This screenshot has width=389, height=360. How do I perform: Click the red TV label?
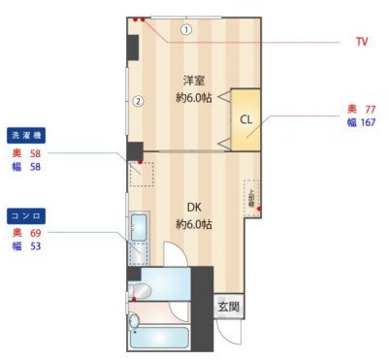pos(361,42)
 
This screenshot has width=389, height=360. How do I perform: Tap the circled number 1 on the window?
pos(185,29)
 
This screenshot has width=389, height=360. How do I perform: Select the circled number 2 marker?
pos(139,100)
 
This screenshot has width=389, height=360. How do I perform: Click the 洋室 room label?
pos(194,81)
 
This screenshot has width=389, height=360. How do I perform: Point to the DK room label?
pos(193,207)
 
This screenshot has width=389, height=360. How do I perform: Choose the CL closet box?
pos(245,120)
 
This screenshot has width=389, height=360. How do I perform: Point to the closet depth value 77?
pos(369,109)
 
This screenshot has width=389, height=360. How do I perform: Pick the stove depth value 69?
pos(37,233)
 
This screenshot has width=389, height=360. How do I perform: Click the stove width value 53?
pos(37,246)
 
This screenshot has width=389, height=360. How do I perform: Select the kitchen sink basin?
pos(138,228)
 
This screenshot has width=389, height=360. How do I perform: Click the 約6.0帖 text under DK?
pos(194,224)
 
